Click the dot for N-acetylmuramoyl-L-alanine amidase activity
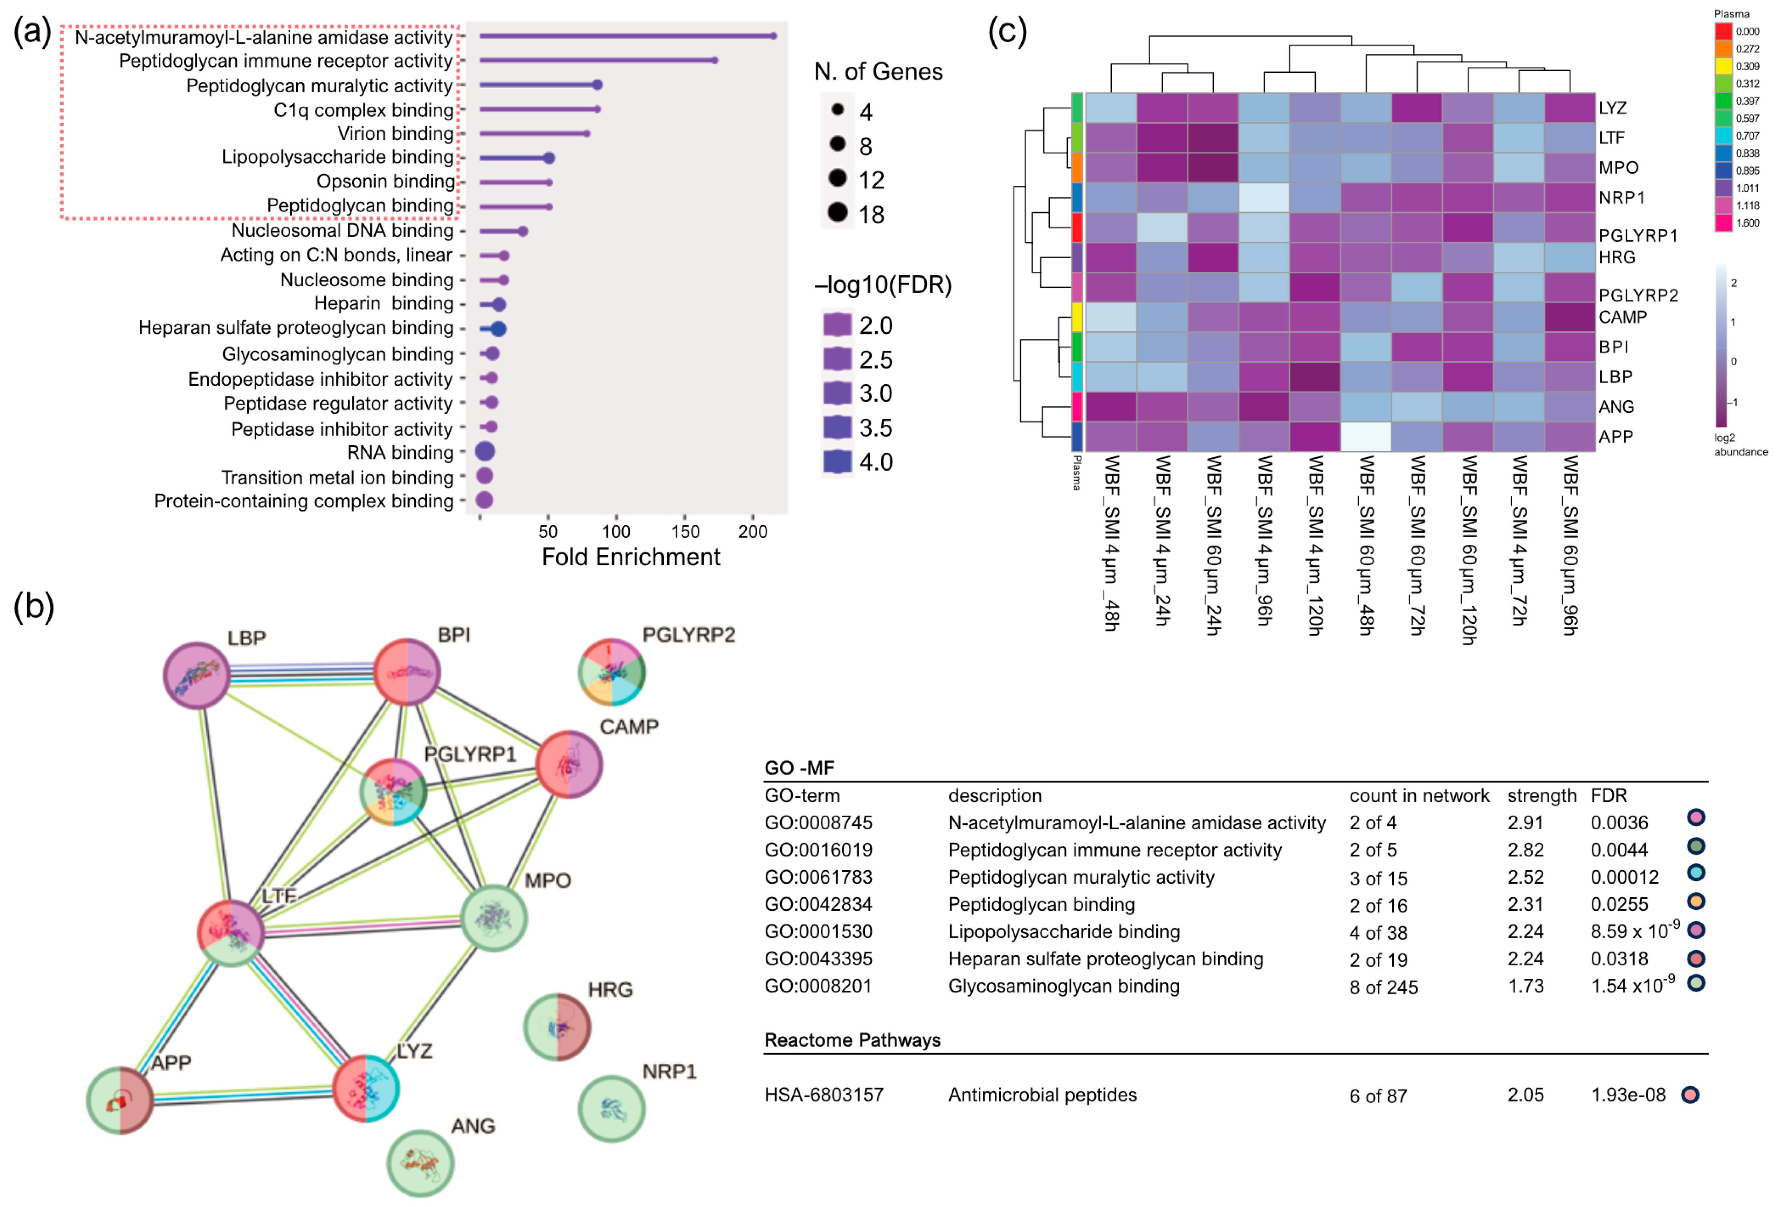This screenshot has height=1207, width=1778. [774, 36]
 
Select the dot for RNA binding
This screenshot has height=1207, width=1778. [484, 452]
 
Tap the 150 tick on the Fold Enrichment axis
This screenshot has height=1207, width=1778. [685, 532]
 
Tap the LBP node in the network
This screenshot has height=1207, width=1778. [197, 675]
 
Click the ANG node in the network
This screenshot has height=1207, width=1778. [420, 1163]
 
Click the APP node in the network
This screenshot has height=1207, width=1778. [120, 1100]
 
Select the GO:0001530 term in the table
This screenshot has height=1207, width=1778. [818, 932]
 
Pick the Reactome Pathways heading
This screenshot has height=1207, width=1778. [852, 1040]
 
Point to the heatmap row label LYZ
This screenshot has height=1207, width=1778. [1612, 108]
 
